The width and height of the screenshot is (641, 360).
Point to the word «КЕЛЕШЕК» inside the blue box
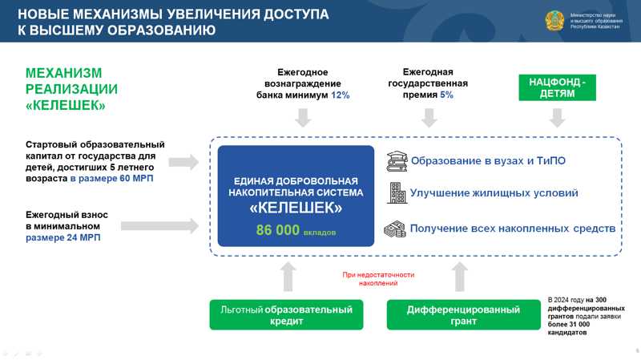pos(296,208)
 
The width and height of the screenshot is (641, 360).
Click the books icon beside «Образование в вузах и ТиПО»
pos(396,160)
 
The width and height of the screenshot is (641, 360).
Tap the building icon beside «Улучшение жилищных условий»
pos(396,193)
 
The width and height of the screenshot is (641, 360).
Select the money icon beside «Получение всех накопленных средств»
pos(396,229)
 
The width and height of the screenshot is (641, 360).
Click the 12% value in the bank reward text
pos(341,95)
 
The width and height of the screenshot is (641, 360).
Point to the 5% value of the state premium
pos(446,95)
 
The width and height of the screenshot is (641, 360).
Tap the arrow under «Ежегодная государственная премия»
pos(429,119)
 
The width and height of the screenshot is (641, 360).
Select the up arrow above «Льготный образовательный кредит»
pos(286,276)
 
